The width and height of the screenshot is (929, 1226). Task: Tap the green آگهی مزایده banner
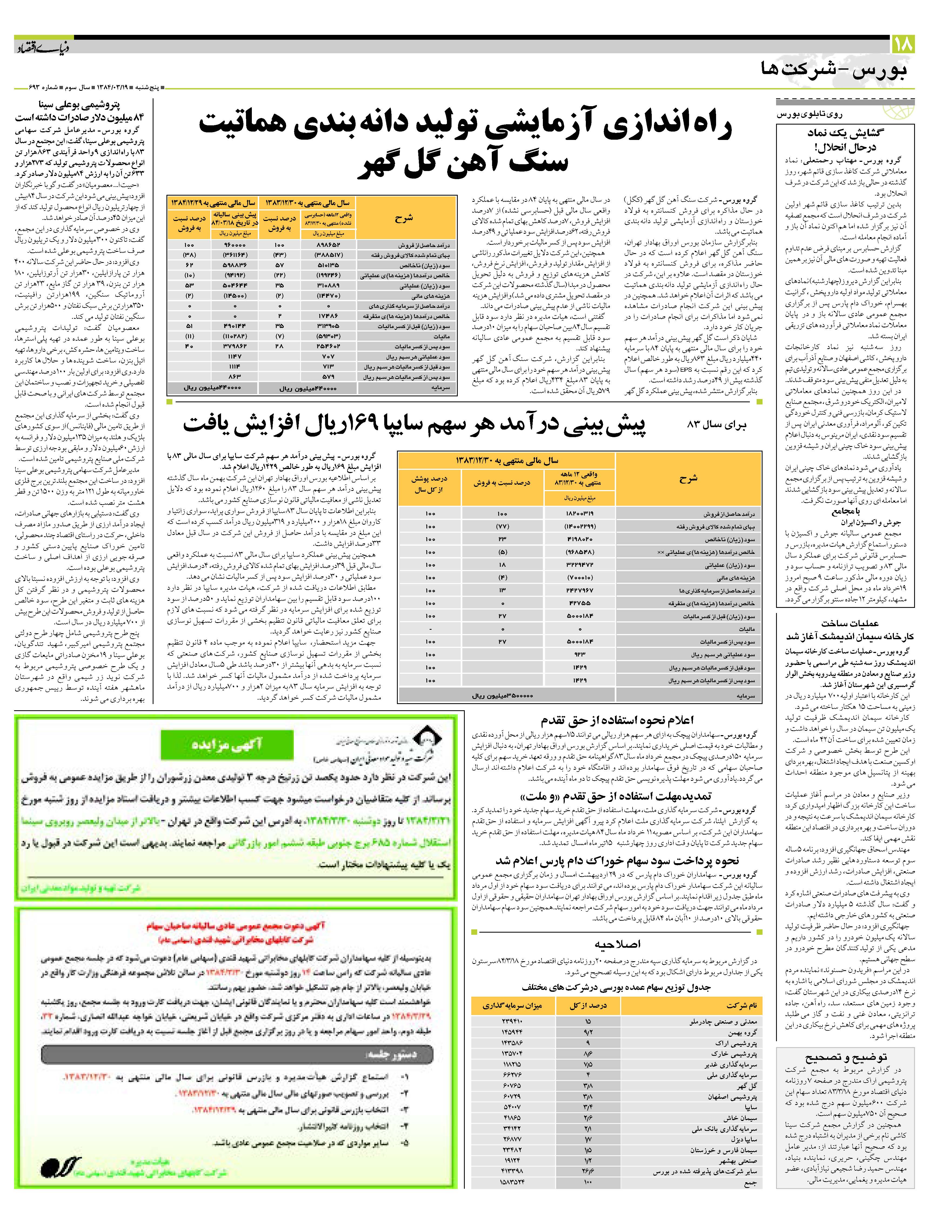tap(226, 745)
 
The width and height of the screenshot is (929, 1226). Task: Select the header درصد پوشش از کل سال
tap(430, 484)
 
